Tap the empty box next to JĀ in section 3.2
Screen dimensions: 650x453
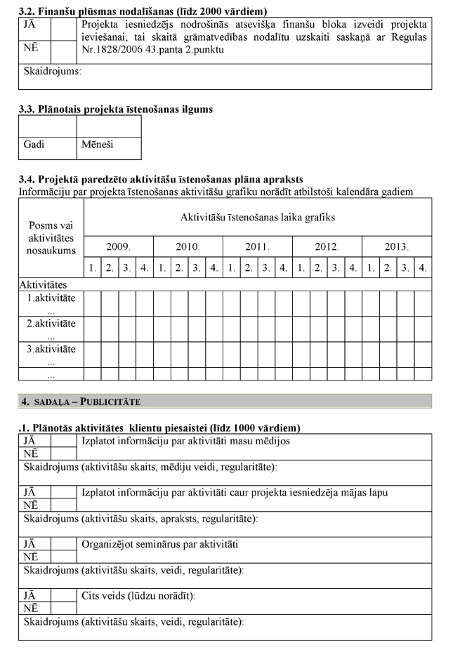pyautogui.click(x=64, y=27)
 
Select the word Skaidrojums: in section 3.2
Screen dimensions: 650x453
pyautogui.click(x=53, y=71)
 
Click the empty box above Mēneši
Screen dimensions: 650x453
pyautogui.click(x=108, y=126)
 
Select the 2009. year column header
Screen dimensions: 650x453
pyautogui.click(x=118, y=247)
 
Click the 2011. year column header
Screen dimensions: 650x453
pyautogui.click(x=257, y=247)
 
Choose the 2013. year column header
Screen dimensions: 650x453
pyautogui.click(x=396, y=247)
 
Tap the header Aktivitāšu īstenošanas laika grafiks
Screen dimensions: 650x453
pyautogui.click(x=257, y=217)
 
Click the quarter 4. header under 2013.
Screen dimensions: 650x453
pyautogui.click(x=422, y=267)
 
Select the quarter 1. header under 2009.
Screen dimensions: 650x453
pyautogui.click(x=92, y=267)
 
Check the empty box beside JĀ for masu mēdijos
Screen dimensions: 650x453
pyautogui.click(x=64, y=441)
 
